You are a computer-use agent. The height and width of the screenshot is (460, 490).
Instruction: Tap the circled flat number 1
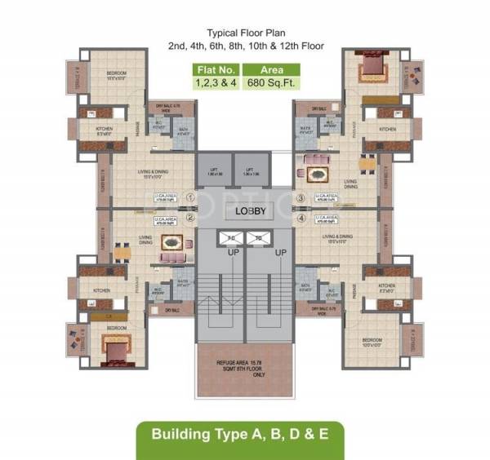coord(189,197)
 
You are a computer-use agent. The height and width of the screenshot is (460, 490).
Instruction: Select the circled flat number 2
coord(189,217)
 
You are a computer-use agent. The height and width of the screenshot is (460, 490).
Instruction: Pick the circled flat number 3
coord(301,197)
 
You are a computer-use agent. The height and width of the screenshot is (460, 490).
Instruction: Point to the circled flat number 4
coord(301,218)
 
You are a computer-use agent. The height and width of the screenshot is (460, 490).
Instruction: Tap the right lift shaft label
coord(250,172)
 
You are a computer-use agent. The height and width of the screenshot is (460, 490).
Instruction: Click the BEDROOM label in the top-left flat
coord(115,73)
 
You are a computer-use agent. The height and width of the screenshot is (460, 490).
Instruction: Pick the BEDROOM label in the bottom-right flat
coord(375,337)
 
